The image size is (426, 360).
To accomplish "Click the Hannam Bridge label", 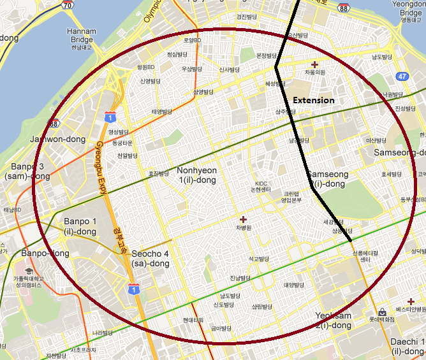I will pyautogui.click(x=82, y=34).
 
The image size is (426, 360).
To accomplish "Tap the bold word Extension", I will pyautogui.click(x=313, y=101).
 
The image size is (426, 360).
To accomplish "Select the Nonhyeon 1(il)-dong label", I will pyautogui.click(x=196, y=175).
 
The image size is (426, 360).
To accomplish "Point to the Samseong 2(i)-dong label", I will pyautogui.click(x=328, y=179).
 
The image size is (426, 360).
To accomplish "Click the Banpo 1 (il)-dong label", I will pyautogui.click(x=80, y=226).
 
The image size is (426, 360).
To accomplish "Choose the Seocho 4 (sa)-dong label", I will pyautogui.click(x=150, y=258).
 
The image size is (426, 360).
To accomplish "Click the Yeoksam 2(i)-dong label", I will pyautogui.click(x=333, y=320).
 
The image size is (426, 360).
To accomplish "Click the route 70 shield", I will pyautogui.click(x=67, y=5).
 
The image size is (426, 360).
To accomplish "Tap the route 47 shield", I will pyautogui.click(x=402, y=76).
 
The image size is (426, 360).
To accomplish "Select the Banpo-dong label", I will pyautogui.click(x=45, y=254).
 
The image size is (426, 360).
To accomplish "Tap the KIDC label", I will pyautogui.click(x=260, y=184).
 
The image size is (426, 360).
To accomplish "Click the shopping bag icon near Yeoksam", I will pyautogui.click(x=381, y=313).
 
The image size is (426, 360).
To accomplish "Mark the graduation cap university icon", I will pyautogui.click(x=31, y=271).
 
